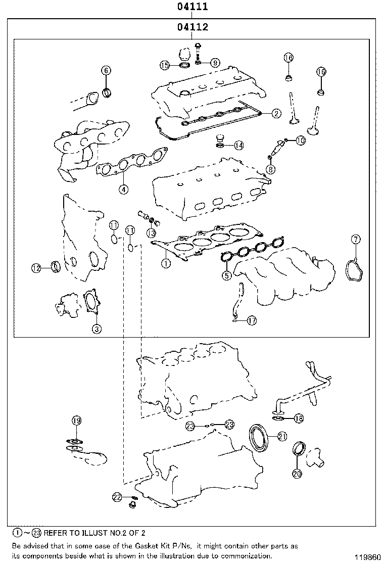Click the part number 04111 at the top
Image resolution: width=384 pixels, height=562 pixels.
click(192, 7)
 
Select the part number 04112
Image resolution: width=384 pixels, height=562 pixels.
click(192, 27)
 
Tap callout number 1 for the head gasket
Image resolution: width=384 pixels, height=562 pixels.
click(165, 263)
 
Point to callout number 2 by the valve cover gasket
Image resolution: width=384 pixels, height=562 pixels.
click(276, 114)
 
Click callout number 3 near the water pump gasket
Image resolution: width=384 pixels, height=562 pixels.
click(97, 329)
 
